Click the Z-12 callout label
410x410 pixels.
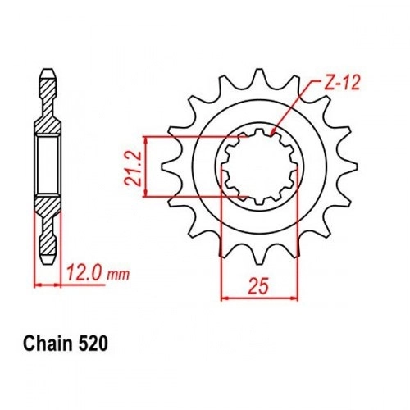click(341, 83)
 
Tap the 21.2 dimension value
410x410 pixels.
click(133, 167)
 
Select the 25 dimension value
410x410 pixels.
click(258, 286)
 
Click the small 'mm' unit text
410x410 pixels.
click(118, 276)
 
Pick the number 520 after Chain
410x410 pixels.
click(93, 344)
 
